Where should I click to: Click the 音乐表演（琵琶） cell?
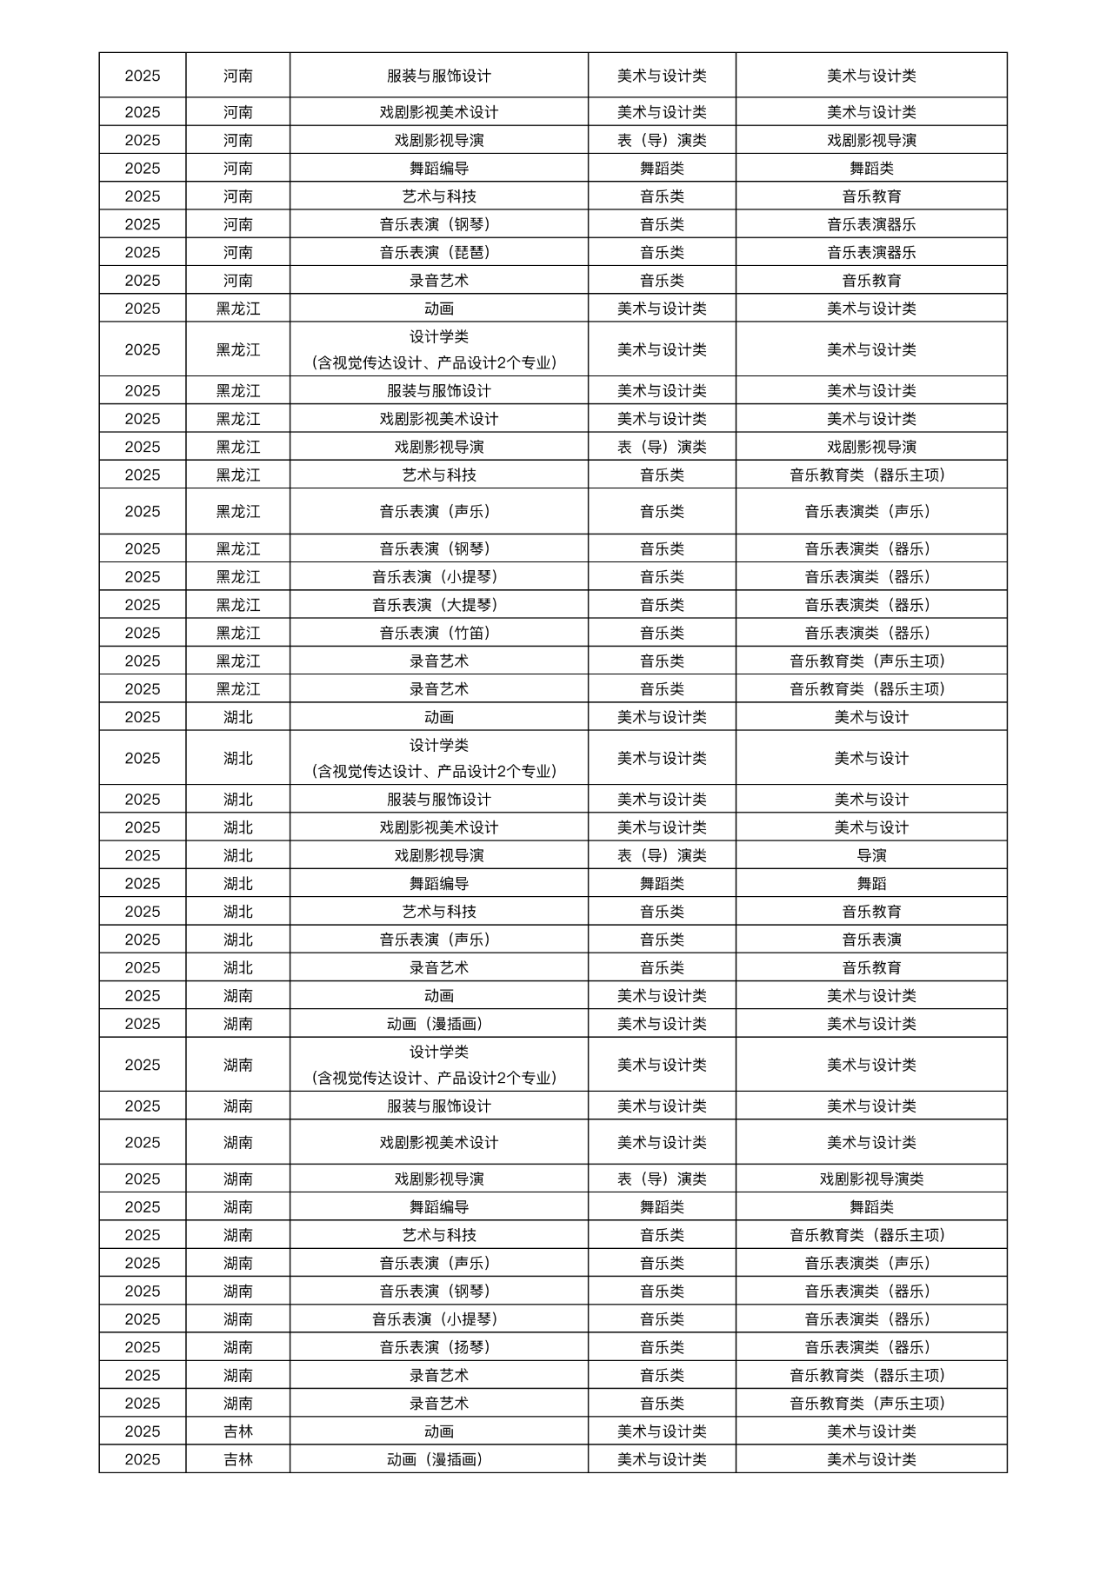438,252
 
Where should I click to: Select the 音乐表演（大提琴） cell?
438,605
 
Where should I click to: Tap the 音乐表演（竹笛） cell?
438,633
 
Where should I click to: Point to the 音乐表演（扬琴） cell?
438,1347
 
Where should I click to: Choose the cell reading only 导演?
871,855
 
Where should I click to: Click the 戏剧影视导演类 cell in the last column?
871,1179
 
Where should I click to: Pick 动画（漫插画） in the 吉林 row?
438,1459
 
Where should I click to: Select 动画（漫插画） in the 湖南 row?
438,1024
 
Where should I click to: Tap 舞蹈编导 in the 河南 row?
438,168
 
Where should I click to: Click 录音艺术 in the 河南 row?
438,280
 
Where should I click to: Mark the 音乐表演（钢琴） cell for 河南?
438,224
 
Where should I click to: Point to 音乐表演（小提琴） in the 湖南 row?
438,1319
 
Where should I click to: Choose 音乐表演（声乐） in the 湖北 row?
438,940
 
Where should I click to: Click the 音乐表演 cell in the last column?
871,940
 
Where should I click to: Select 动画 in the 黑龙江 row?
438,309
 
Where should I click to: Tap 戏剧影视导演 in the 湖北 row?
438,855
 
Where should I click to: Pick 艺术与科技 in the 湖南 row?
438,1235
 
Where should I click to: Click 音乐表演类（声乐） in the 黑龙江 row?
871,511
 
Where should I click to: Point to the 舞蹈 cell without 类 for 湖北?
871,883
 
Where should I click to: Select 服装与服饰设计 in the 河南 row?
438,76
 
